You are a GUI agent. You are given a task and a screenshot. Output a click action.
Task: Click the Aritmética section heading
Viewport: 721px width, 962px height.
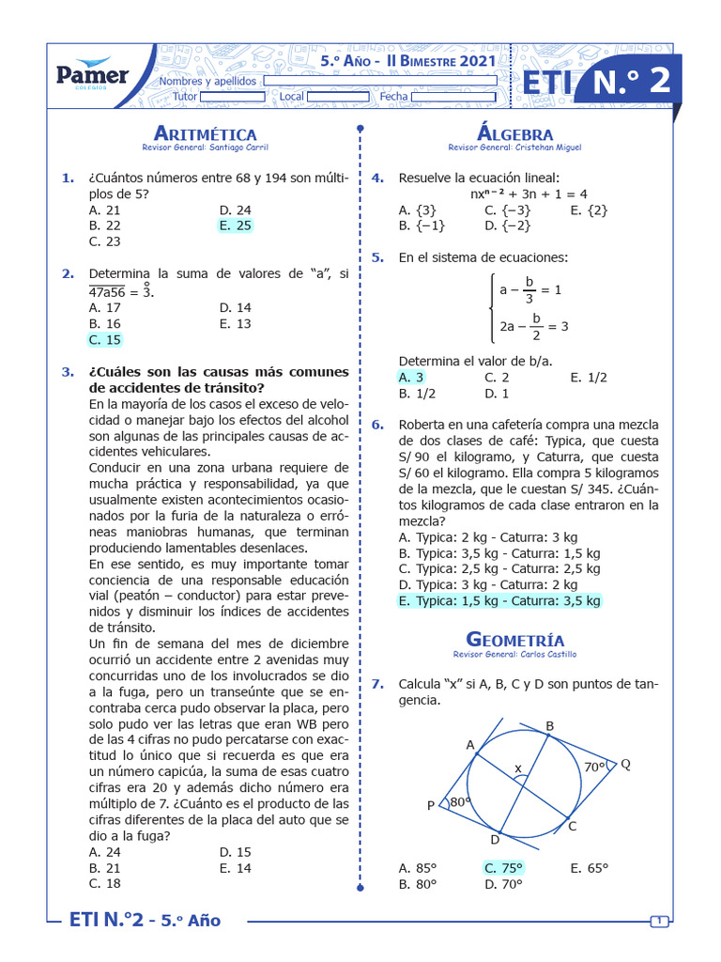[204, 133]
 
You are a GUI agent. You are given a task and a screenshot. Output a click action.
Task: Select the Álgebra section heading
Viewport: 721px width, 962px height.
[514, 133]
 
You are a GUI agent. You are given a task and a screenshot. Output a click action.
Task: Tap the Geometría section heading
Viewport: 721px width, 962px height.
[514, 640]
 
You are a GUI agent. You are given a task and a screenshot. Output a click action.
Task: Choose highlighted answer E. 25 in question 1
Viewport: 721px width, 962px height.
[235, 225]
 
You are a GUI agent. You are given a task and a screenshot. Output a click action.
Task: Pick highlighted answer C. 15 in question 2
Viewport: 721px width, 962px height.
[104, 339]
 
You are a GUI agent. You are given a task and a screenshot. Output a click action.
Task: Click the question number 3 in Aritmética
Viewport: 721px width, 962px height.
[68, 372]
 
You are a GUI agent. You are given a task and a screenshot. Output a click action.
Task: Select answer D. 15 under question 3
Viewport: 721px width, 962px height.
[235, 852]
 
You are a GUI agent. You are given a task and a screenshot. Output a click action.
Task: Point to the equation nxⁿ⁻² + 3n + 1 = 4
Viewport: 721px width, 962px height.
[529, 194]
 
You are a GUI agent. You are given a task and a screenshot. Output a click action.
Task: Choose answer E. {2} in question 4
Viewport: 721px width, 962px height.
[589, 209]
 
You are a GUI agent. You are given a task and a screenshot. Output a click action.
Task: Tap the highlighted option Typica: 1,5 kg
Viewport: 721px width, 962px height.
[499, 600]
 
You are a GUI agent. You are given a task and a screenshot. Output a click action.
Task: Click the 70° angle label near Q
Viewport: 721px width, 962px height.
[594, 767]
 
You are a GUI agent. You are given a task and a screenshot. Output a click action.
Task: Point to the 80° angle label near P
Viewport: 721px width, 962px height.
[458, 802]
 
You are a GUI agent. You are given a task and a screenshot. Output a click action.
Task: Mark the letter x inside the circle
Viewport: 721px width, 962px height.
[516, 768]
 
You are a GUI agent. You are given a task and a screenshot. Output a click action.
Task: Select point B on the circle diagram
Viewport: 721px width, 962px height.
[550, 724]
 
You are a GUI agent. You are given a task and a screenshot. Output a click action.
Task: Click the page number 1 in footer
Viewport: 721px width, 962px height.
[660, 921]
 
